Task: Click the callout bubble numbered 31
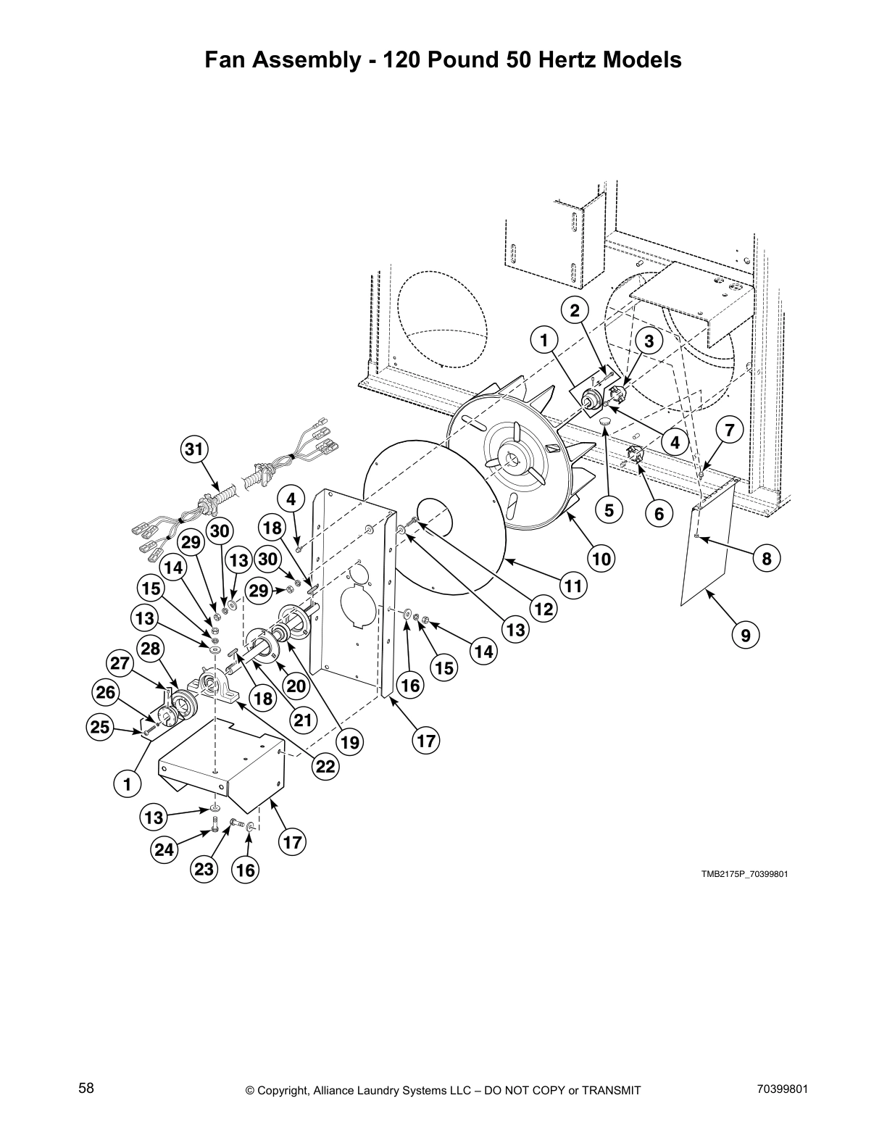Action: coord(193,449)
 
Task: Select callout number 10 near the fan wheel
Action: coord(601,558)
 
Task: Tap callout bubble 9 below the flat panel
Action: coord(746,636)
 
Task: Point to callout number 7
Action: coord(729,430)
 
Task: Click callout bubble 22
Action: coord(326,766)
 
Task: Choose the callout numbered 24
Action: coord(165,849)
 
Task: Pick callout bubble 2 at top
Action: coord(574,311)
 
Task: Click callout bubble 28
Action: coord(151,648)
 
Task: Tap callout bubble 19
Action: coord(350,742)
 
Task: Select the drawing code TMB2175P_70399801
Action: coord(744,874)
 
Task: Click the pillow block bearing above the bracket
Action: coord(214,685)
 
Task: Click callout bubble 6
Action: coord(659,514)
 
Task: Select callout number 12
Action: coord(544,609)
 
